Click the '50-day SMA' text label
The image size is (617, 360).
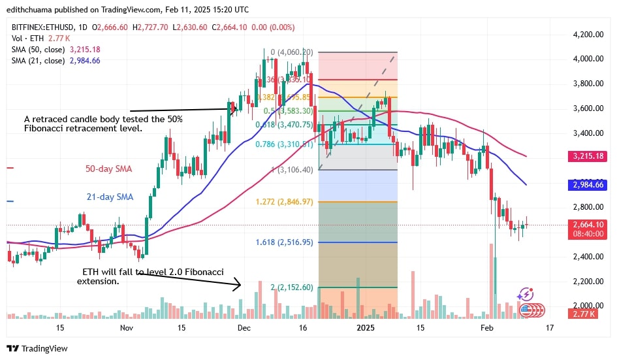[108, 169]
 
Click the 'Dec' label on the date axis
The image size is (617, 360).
[243, 327]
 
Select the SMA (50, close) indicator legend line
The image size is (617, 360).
[55, 48]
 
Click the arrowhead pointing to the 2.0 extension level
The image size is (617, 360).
[238, 284]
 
